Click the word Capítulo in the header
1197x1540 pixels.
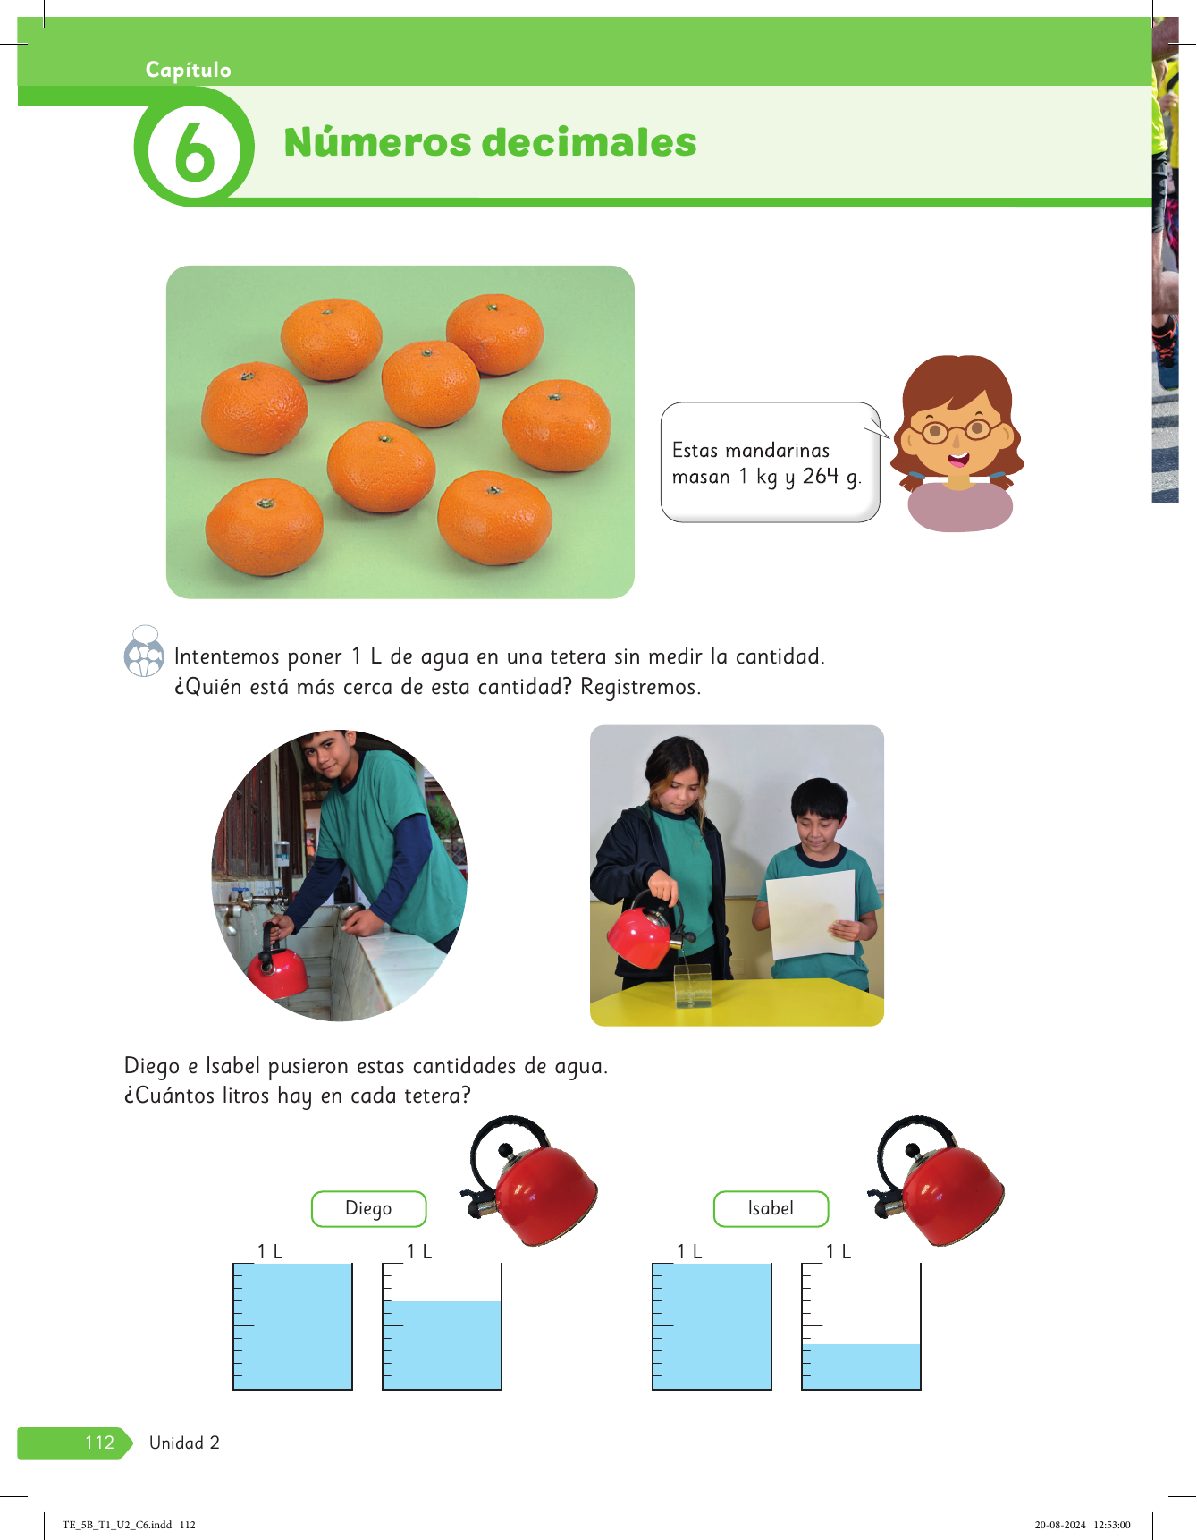click(x=189, y=70)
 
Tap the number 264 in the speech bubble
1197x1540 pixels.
click(x=821, y=476)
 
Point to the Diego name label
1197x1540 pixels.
click(x=368, y=1209)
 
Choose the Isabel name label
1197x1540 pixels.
click(x=771, y=1209)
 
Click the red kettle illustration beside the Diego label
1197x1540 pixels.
click(x=530, y=1180)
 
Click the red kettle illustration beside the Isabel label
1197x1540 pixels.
click(x=937, y=1180)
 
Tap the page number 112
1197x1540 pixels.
click(x=99, y=1443)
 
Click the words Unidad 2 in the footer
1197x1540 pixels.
click(x=184, y=1443)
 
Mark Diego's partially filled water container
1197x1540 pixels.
click(x=442, y=1326)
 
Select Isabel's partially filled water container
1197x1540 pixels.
click(x=861, y=1326)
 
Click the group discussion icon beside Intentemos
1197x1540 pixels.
click(x=144, y=652)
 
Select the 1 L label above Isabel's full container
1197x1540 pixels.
click(x=689, y=1252)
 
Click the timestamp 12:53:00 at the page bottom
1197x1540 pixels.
click(x=1111, y=1525)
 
